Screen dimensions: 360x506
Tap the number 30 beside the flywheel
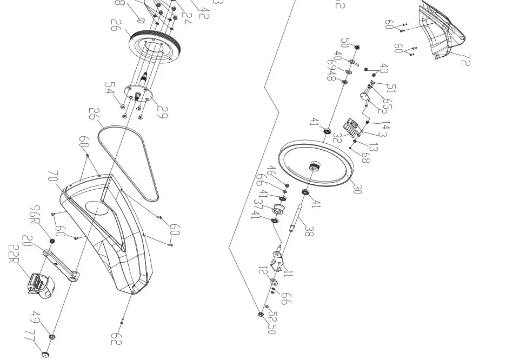pos(357,189)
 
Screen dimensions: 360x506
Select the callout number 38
pos(309,231)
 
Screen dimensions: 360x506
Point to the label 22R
pos(15,255)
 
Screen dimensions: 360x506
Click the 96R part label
pos(36,215)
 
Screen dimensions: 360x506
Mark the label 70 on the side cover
pos(53,177)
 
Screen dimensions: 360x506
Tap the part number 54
pos(110,88)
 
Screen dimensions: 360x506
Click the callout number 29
pos(162,112)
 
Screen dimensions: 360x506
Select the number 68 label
pos(366,157)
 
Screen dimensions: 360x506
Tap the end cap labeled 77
pos(44,354)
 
